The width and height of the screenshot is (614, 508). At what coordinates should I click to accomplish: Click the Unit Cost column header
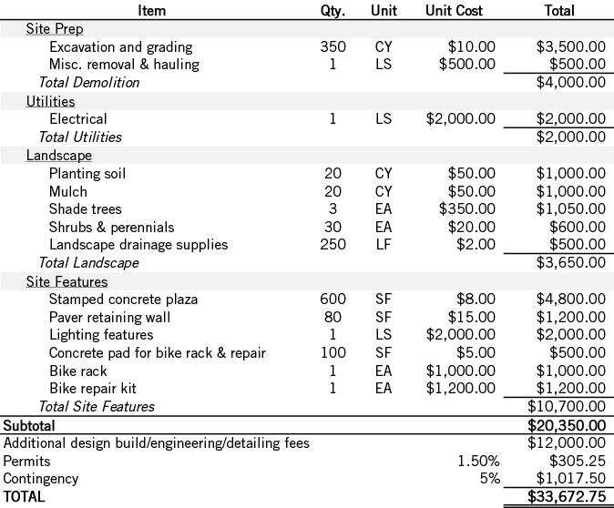454,11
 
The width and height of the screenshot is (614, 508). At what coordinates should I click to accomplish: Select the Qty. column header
333,11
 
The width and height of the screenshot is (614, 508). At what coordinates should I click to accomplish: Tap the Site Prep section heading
54,29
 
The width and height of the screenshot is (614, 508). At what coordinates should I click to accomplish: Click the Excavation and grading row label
120,46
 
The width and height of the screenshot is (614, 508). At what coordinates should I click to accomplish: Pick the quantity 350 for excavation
333,46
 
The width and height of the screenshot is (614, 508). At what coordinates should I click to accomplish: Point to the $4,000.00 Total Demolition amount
570,83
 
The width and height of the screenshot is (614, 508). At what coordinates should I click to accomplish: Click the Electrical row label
77,118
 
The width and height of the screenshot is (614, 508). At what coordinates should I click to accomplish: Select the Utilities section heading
50,101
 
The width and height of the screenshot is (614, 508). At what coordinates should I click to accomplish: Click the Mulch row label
68,191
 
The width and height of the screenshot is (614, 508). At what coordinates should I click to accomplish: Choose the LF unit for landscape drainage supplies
383,244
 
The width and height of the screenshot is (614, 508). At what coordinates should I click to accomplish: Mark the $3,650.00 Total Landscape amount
570,263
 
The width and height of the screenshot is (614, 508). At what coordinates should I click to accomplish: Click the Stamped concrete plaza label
123,299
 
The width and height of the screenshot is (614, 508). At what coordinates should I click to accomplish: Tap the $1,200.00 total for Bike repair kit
570,389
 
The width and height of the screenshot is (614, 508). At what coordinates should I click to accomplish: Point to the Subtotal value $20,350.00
567,425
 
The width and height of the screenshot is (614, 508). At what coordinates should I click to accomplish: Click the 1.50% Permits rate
477,461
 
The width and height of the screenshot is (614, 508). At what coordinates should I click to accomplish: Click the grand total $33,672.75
567,497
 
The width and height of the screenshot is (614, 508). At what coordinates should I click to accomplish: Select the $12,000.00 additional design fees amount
567,443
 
